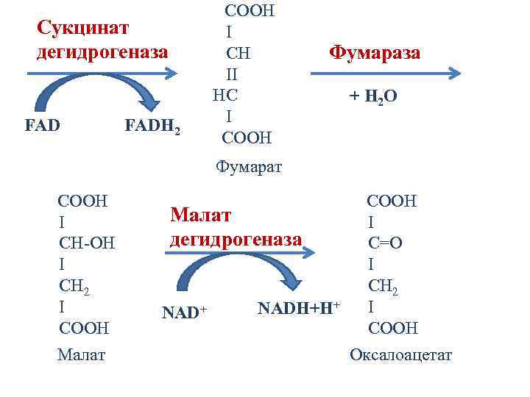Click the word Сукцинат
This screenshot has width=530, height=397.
point(83,28)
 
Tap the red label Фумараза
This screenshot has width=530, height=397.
point(375,53)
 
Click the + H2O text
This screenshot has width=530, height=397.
point(373,96)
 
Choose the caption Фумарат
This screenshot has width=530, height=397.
point(249,168)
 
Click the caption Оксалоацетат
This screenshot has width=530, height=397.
point(401,356)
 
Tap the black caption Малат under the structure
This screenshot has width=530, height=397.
point(81,355)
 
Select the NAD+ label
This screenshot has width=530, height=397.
point(184,312)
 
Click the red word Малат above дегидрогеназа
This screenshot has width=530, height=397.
point(201,215)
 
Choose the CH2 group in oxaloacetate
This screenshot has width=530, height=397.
point(384,285)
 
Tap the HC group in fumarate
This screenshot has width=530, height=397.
point(225,95)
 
